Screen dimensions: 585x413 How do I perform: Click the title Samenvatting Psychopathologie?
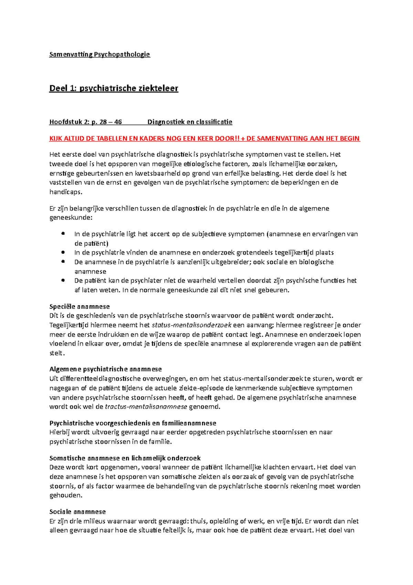[100, 54]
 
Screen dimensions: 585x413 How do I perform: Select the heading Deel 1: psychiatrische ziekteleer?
[114, 89]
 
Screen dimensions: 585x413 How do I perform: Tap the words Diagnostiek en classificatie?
[190, 122]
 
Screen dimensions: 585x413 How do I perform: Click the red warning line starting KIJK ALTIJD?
[204, 138]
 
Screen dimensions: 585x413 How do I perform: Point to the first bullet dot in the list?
[63, 234]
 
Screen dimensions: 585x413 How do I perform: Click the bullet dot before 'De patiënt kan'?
[63, 280]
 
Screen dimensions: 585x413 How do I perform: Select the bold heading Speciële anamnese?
[80, 307]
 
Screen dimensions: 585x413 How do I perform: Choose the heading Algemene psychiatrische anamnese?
[105, 369]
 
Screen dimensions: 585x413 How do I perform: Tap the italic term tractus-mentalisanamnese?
[146, 407]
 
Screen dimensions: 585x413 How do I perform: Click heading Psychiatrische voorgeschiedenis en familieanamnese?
[133, 423]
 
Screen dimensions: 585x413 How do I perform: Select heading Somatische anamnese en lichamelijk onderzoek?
[125, 458]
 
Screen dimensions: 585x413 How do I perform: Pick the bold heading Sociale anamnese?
[77, 512]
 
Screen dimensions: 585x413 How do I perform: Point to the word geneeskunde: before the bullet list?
[71, 218]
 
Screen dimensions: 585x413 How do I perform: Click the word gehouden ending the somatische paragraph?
[65, 496]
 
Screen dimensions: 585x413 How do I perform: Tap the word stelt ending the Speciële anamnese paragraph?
[57, 353]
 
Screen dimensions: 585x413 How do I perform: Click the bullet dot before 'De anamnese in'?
[63, 262]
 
